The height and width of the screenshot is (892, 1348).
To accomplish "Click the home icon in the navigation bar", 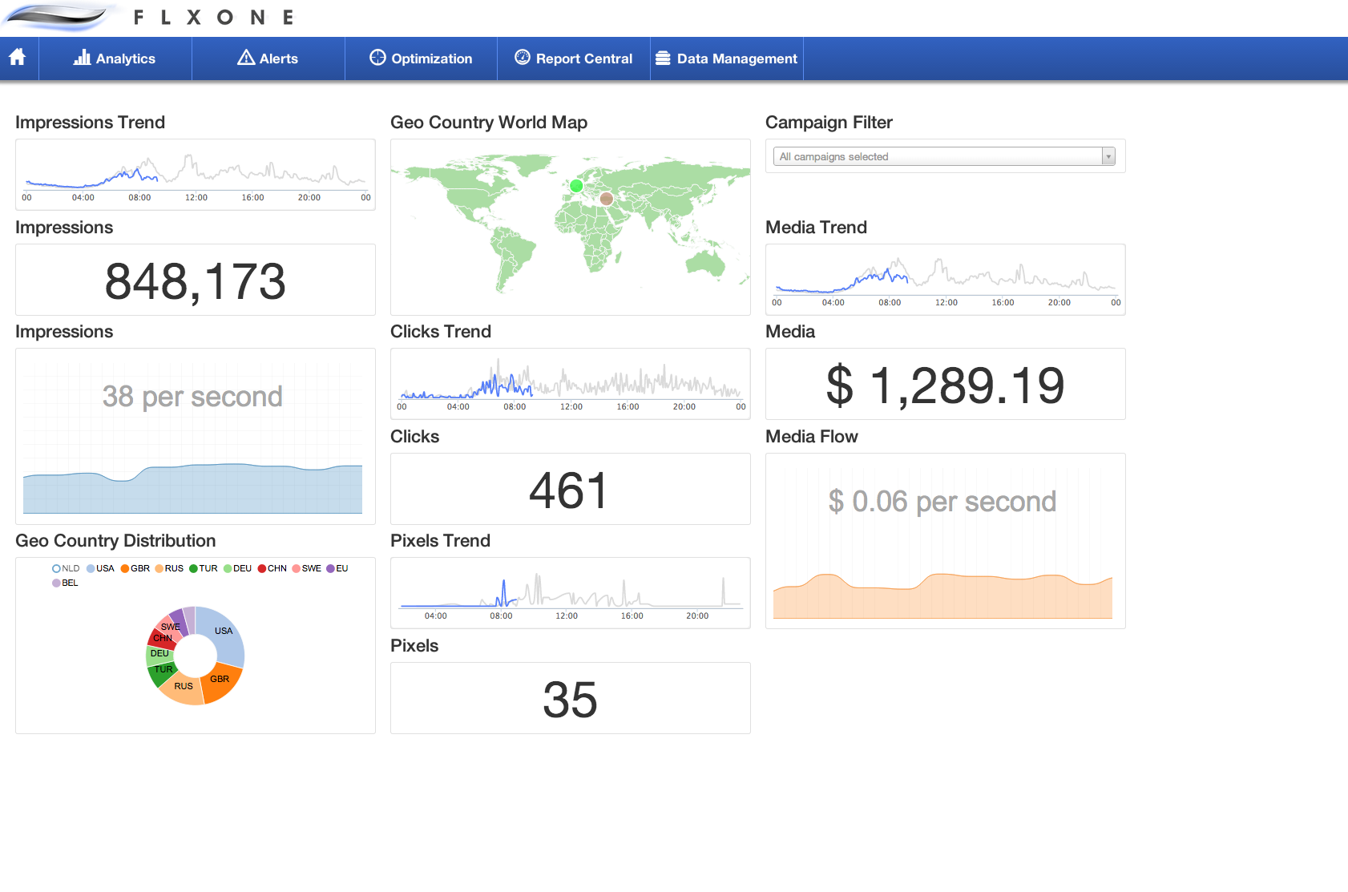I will pos(18,58).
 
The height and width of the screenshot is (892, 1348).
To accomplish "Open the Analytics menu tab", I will pos(115,59).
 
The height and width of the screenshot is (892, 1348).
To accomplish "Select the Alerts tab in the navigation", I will pos(268,59).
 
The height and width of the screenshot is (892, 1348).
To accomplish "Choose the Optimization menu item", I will pos(421,59).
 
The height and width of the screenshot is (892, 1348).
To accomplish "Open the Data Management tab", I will pos(726,59).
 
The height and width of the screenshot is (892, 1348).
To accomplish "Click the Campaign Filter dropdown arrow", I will pos(1108,156).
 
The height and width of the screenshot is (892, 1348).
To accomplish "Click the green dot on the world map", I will pos(576,186).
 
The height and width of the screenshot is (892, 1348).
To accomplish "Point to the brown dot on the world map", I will pos(607,199).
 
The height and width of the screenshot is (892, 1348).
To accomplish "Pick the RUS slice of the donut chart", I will pos(184,688).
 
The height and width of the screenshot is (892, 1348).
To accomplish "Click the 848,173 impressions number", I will pos(195,281).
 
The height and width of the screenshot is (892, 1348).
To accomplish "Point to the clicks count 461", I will pos(569,490).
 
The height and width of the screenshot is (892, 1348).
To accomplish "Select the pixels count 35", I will pos(570,700).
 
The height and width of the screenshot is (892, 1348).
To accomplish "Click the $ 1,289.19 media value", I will pos(945,385).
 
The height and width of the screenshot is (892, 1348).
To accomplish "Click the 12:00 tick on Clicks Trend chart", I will pos(571,406).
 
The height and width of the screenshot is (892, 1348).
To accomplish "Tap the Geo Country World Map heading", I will pos(489,123).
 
